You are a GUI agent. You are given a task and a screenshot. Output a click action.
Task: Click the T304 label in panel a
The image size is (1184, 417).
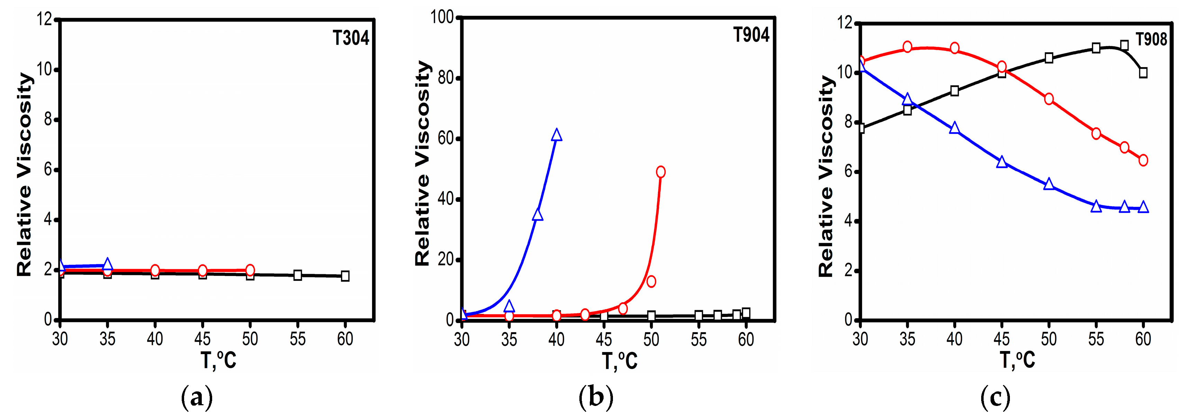click(351, 38)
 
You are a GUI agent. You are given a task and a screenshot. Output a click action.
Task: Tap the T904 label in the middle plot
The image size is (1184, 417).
click(751, 35)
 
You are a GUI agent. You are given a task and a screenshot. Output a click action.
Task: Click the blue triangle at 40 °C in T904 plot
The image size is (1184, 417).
click(557, 135)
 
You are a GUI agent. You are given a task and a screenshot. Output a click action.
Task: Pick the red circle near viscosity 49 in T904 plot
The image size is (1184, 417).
click(660, 172)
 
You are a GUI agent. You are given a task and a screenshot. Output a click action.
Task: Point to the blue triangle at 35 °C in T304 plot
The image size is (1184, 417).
click(107, 264)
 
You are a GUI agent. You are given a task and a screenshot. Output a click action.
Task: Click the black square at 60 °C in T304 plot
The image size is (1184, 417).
click(345, 276)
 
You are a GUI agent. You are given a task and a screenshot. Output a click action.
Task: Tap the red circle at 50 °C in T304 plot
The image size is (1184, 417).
click(250, 270)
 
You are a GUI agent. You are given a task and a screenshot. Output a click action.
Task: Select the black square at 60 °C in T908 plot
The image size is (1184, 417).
click(1143, 73)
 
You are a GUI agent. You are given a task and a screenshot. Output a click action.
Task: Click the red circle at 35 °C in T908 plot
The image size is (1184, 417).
click(907, 47)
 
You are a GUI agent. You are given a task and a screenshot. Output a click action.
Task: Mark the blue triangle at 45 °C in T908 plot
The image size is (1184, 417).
click(1002, 162)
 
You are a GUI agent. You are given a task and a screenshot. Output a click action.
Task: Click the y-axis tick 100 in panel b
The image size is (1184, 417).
click(442, 17)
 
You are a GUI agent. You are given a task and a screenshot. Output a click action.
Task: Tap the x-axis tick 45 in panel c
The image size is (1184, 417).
click(1002, 339)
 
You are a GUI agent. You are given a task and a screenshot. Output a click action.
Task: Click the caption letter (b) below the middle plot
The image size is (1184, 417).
click(596, 397)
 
